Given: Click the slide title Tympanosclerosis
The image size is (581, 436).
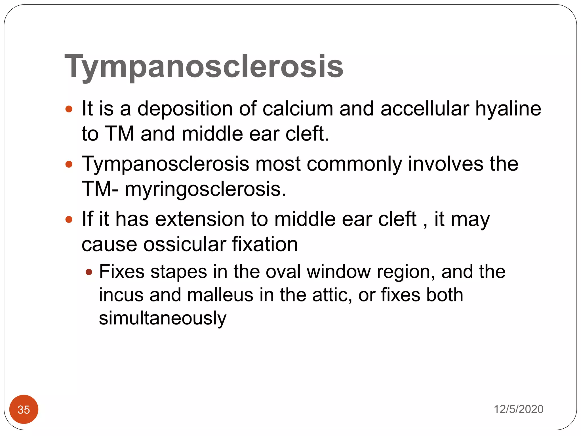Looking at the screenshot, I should tap(204, 67).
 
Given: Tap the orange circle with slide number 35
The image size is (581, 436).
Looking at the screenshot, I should tap(24, 409).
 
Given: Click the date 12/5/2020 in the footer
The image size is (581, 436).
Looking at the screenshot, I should tap(518, 409).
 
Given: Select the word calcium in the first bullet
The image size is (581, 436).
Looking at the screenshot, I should tap(298, 109).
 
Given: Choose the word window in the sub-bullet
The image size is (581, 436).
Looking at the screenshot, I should tap(338, 272).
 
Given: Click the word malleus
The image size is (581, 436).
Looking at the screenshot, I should tap(220, 295).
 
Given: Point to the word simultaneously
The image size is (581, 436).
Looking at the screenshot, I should tap(163, 318).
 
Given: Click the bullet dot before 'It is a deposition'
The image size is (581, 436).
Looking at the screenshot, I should tap(69, 109).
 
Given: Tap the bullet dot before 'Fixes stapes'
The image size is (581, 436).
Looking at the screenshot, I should tap(89, 272).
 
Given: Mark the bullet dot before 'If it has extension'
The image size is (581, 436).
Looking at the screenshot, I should tap(69, 219).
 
